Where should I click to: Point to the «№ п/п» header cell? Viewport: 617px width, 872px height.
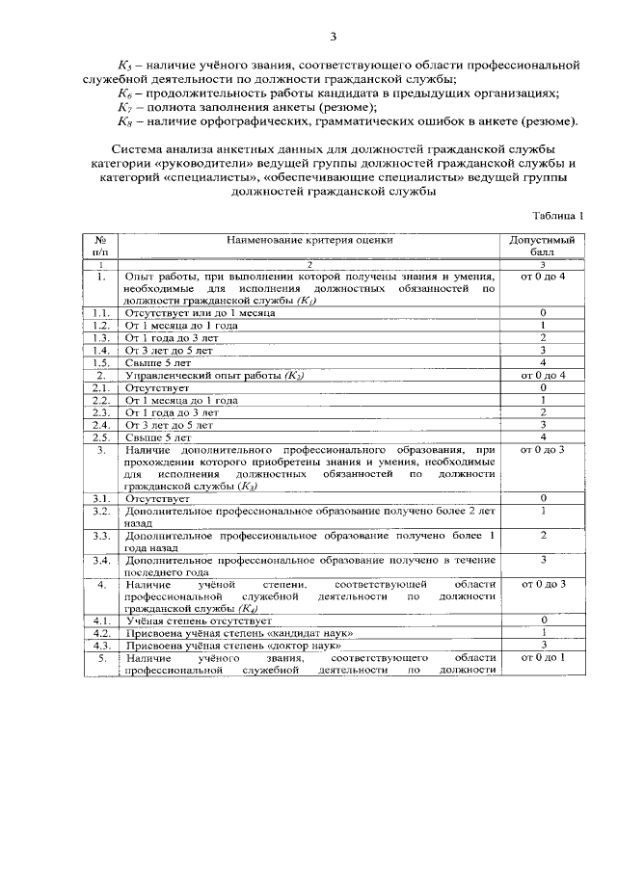[100, 245]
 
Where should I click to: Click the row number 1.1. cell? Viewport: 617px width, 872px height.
[100, 313]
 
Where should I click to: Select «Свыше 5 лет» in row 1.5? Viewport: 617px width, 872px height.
[153, 362]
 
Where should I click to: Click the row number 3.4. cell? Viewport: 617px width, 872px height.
[100, 560]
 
